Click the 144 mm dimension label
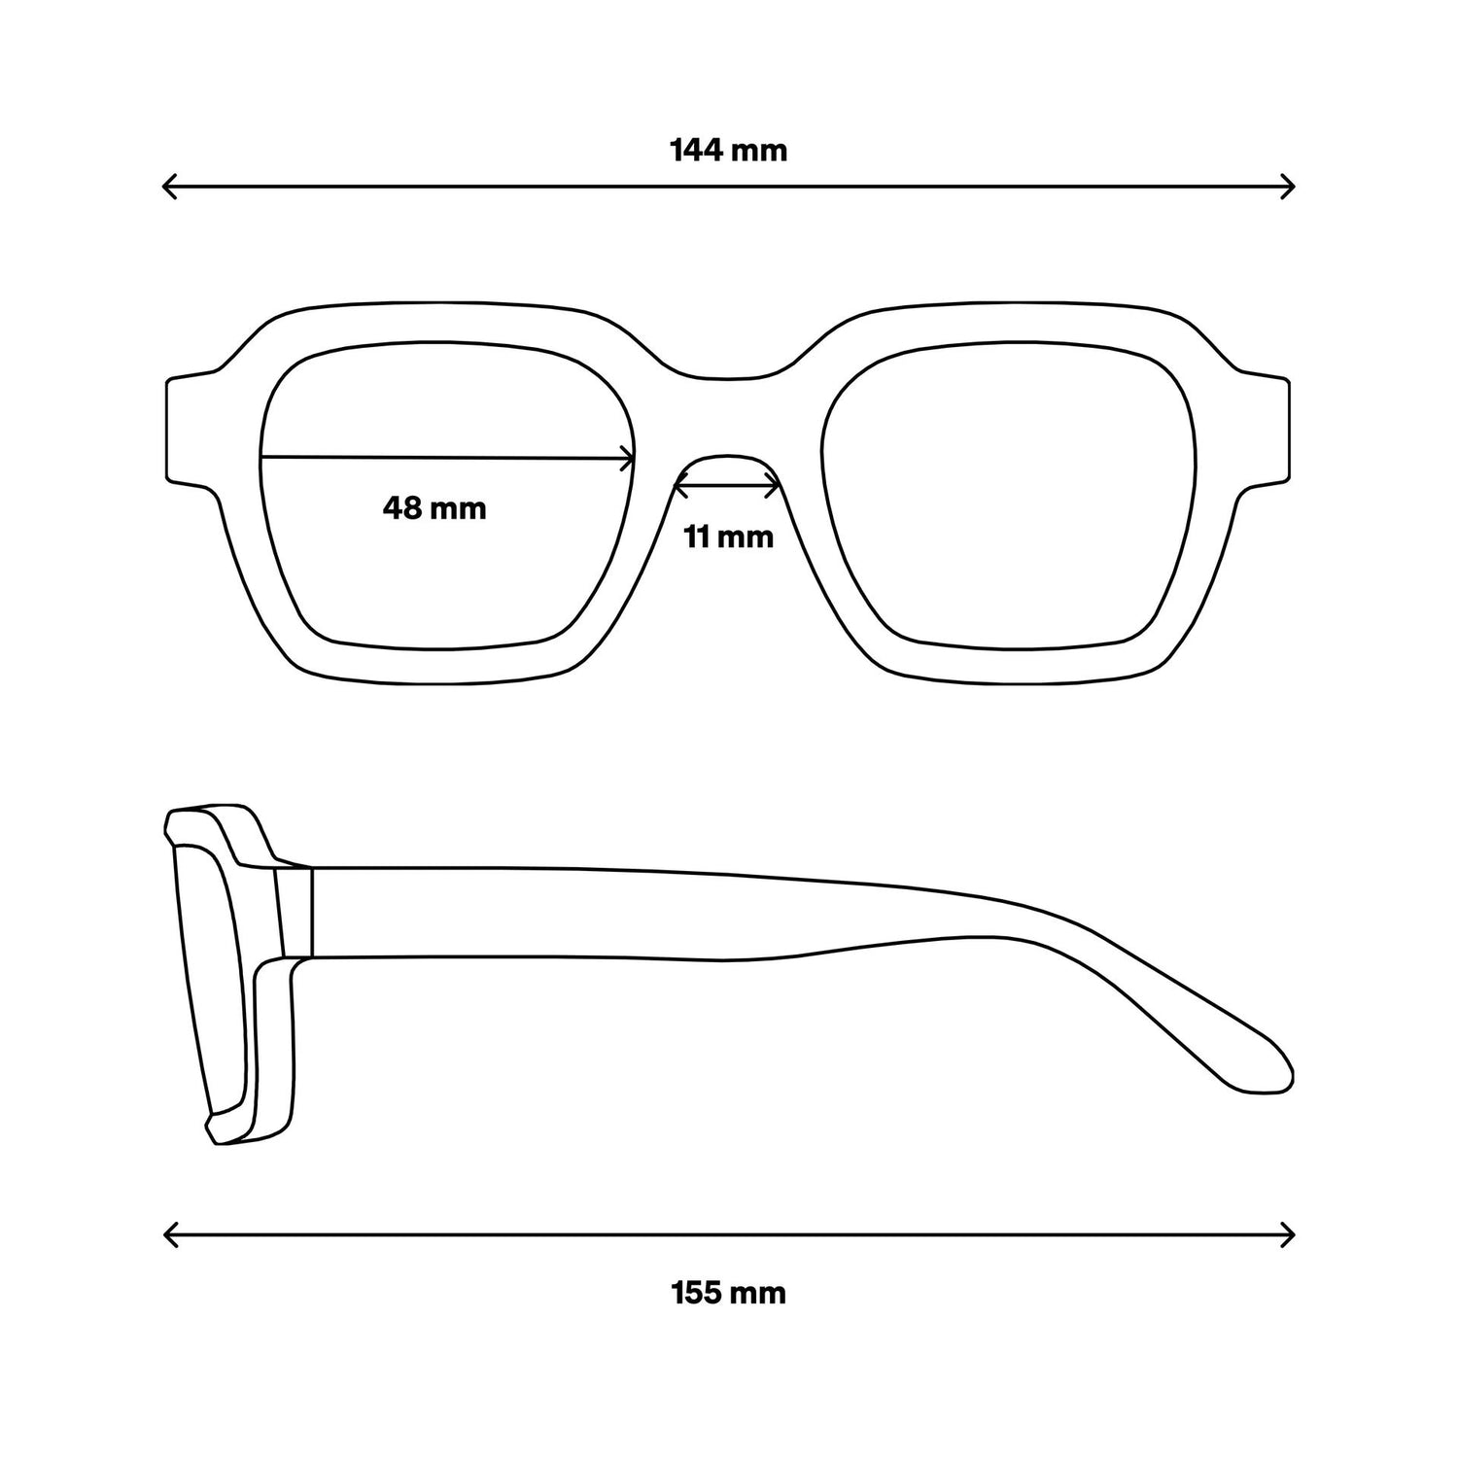point(728,151)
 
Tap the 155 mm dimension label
point(728,1294)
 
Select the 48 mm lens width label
point(434,507)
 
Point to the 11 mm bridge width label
point(728,537)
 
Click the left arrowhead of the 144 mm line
point(170,186)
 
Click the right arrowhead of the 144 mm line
point(1287,186)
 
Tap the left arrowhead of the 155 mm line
point(170,1235)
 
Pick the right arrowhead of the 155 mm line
point(1287,1235)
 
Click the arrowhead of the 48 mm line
point(628,460)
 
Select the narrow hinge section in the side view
point(295,912)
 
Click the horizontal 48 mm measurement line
point(448,459)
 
